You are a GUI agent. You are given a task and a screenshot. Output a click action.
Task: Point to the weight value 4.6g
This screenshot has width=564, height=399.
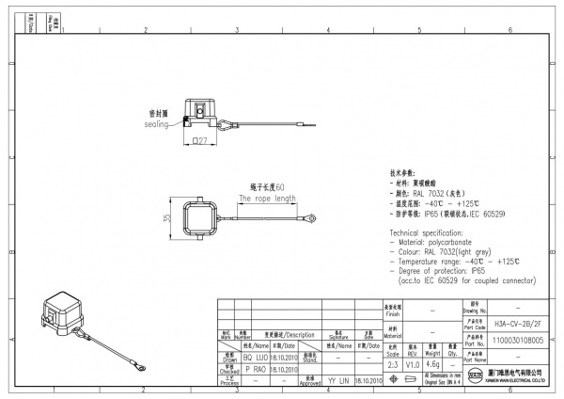click(x=432, y=364)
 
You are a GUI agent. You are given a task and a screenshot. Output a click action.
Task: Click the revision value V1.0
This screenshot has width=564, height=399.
click(x=413, y=364)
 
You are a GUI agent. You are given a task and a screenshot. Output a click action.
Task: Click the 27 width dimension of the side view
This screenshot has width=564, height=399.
click(x=200, y=141)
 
